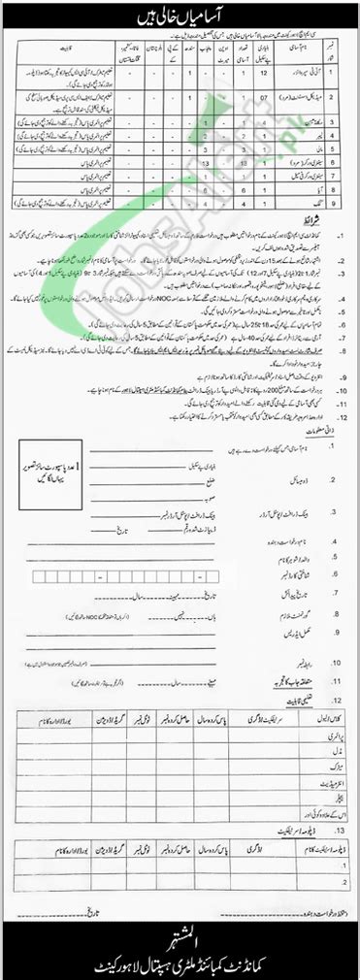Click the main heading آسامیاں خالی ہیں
[x=180, y=15]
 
